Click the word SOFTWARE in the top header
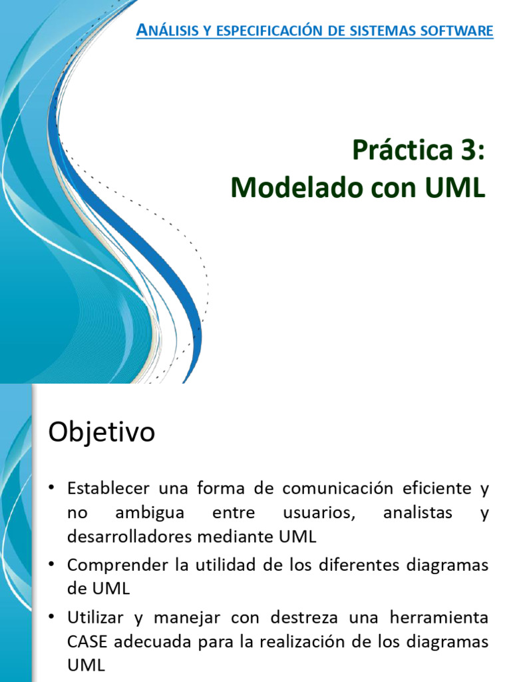click(x=460, y=31)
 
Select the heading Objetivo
click(x=101, y=433)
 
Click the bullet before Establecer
click(x=52, y=489)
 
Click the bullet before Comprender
click(x=52, y=565)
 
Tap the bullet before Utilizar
click(x=52, y=617)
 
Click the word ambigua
click(x=150, y=513)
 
